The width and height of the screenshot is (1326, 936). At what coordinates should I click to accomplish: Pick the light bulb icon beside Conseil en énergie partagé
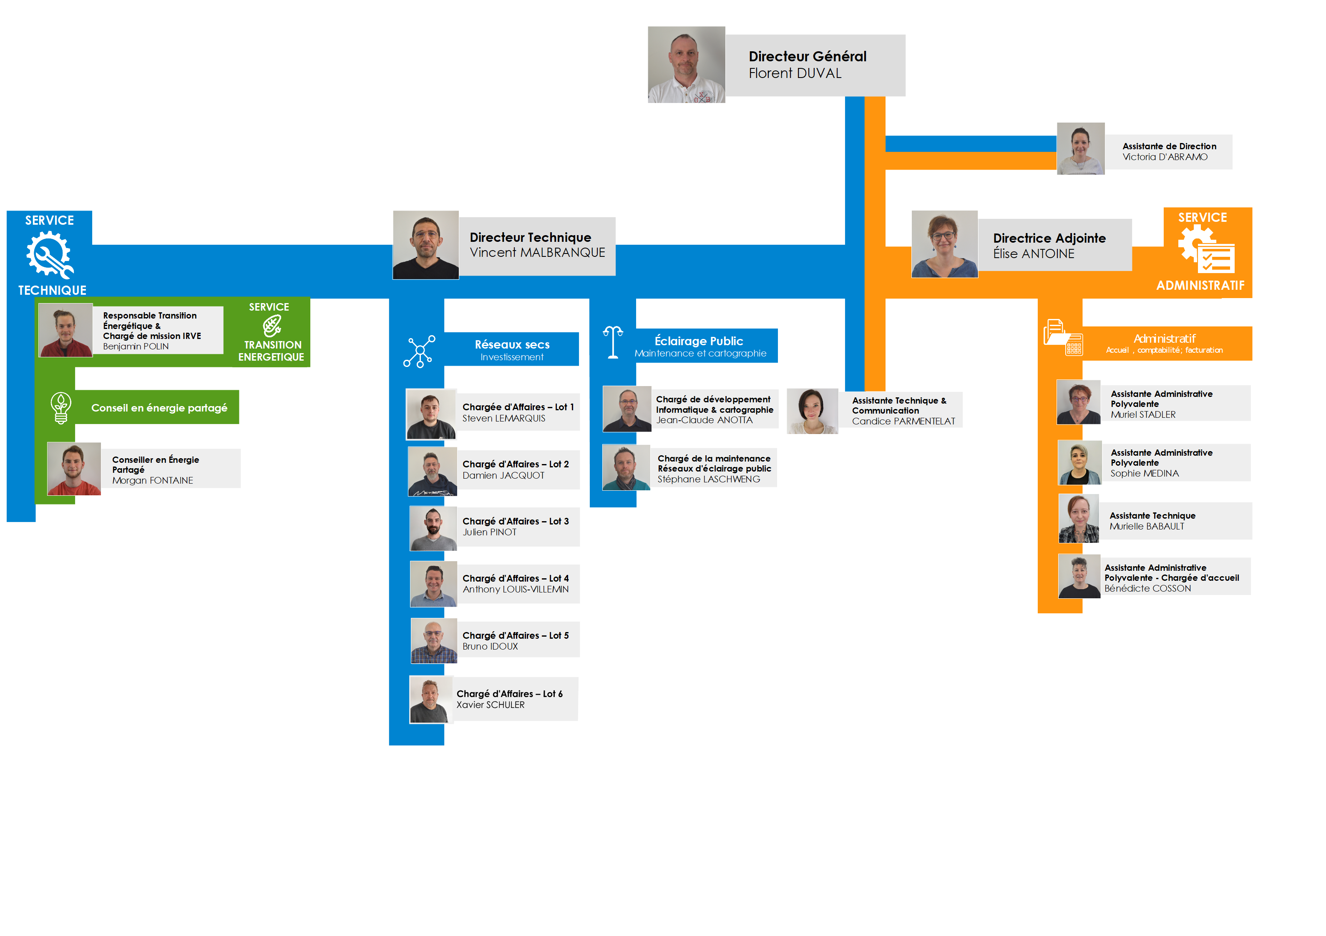tap(60, 408)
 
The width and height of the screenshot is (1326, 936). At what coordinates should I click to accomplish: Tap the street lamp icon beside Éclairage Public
tap(613, 342)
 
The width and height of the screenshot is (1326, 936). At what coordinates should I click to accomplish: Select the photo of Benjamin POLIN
tap(65, 330)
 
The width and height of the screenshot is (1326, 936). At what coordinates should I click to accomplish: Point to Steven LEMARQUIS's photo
tap(431, 414)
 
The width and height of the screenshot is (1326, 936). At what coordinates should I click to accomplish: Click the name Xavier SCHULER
tap(491, 705)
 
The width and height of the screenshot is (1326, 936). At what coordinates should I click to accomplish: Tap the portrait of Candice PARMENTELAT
tap(812, 411)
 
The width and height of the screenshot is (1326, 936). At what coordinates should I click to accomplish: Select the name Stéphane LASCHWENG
tap(709, 479)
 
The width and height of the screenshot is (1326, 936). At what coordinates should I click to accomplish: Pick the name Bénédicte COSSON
tap(1147, 588)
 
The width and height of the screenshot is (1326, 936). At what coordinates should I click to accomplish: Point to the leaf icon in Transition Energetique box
tap(272, 326)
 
